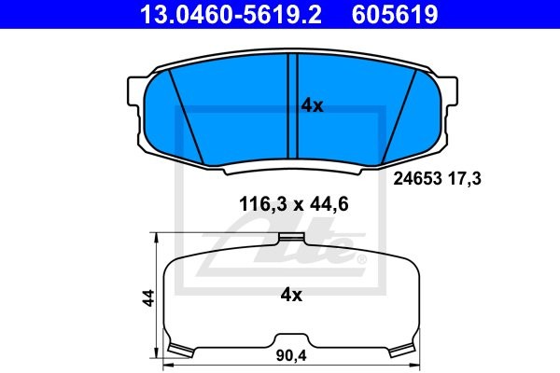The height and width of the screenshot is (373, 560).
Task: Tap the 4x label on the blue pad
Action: (312, 106)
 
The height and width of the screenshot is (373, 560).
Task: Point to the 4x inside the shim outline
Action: (291, 296)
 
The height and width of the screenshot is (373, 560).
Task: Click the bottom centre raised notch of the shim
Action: (290, 337)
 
